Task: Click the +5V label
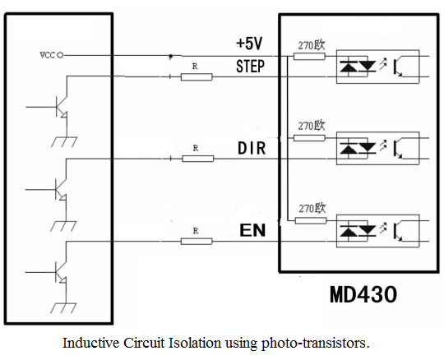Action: click(x=249, y=44)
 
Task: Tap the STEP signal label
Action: click(x=250, y=67)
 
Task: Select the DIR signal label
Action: click(x=252, y=148)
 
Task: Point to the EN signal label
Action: click(x=252, y=230)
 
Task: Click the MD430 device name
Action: click(x=363, y=294)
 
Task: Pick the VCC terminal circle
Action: click(x=60, y=55)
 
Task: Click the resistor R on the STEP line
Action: click(x=197, y=77)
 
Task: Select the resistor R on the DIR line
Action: click(x=197, y=159)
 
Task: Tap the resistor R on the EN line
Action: click(x=197, y=241)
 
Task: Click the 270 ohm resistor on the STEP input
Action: click(x=309, y=57)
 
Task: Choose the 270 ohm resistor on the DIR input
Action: click(x=309, y=138)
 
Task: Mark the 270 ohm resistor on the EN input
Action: click(x=311, y=220)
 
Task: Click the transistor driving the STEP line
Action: click(x=61, y=107)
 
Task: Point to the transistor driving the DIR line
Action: click(x=61, y=189)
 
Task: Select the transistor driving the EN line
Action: click(x=61, y=272)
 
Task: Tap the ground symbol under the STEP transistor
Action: click(x=64, y=142)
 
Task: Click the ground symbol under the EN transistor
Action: click(x=63, y=308)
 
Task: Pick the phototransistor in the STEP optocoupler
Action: click(x=398, y=67)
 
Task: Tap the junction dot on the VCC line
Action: click(x=170, y=56)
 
